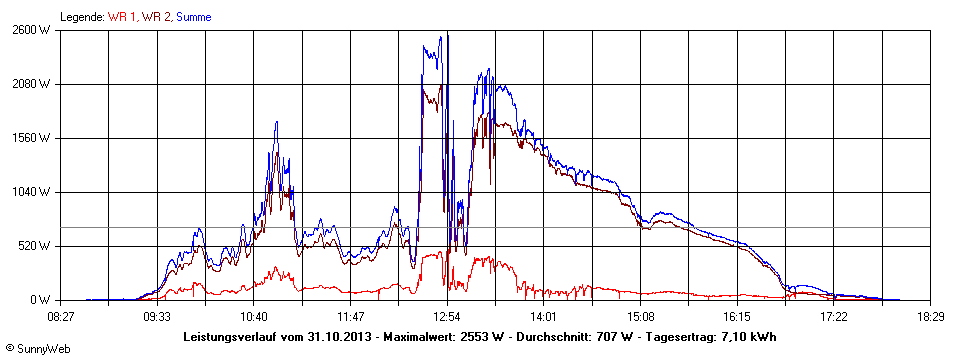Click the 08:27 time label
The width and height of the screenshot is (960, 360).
pos(61,315)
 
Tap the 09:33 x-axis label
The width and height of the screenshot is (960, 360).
pos(157,315)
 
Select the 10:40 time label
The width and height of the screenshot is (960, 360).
pos(254,315)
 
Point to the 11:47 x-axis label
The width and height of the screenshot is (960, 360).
pos(350,315)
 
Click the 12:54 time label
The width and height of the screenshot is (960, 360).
pos(447,315)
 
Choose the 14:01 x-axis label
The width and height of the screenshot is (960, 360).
pos(543,315)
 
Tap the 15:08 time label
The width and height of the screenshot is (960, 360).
pos(640,315)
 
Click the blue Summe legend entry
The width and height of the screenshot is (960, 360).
pos(193,17)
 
